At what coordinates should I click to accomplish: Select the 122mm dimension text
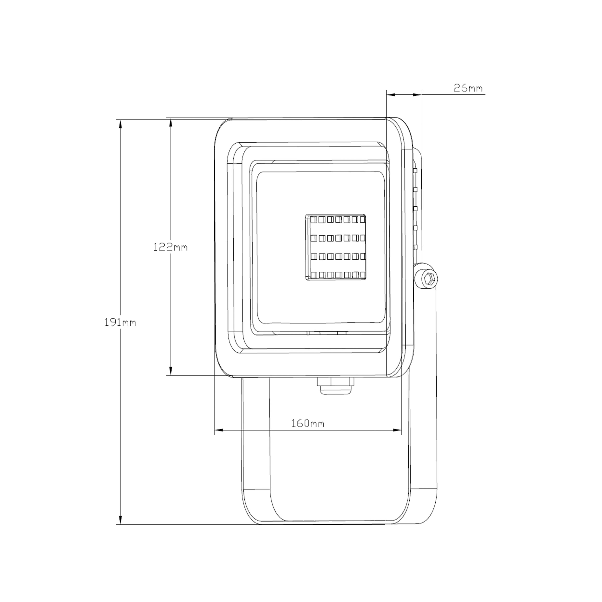click(x=170, y=247)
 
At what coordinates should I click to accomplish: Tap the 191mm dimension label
click(x=120, y=322)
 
